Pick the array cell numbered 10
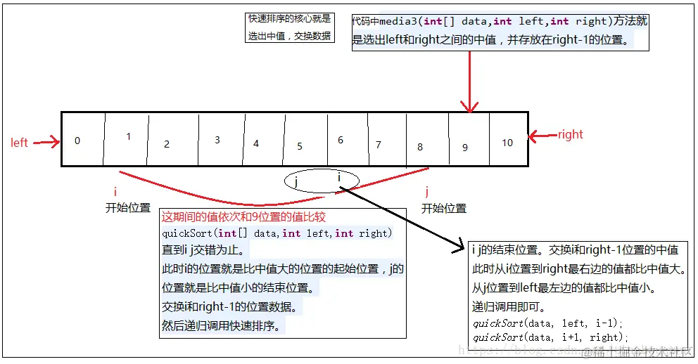(x=508, y=143)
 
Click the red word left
(x=19, y=143)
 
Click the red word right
(x=570, y=134)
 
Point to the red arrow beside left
(x=46, y=143)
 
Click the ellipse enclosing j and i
(x=322, y=181)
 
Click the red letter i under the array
(x=115, y=192)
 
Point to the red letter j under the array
(x=427, y=192)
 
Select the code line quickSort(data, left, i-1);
(x=548, y=323)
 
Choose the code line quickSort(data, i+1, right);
(x=550, y=337)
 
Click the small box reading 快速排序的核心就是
(x=288, y=19)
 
